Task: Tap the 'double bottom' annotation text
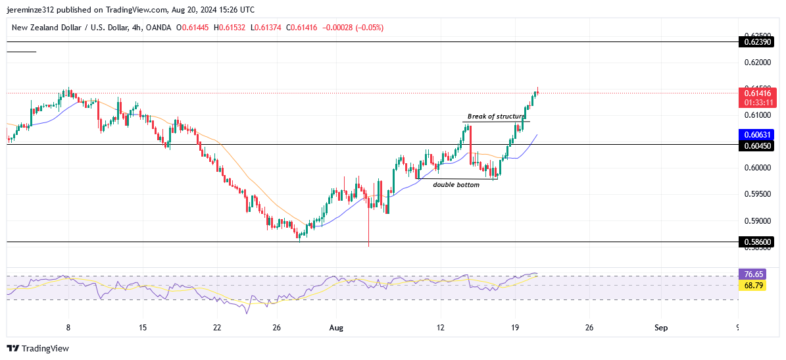click(456, 185)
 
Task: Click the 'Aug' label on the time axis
click(336, 327)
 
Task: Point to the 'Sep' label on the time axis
click(662, 327)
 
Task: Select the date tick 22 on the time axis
click(217, 327)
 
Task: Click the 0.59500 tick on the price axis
click(756, 194)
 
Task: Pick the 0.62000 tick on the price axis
click(756, 63)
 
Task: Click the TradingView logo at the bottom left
click(38, 348)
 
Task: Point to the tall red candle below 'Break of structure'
click(471, 145)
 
